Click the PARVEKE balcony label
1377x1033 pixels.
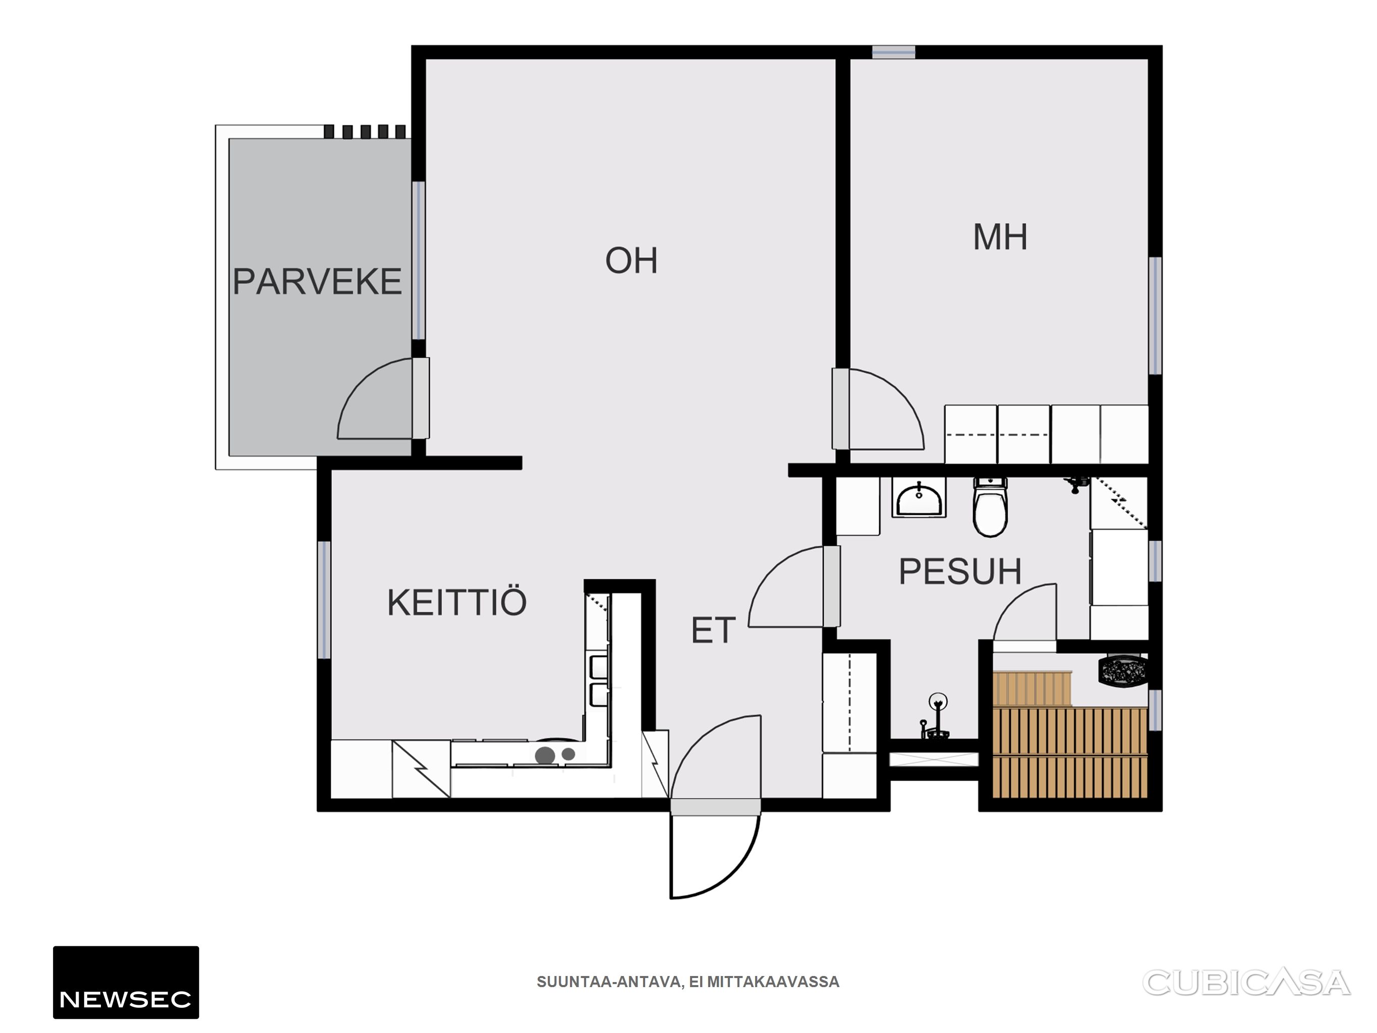[317, 281]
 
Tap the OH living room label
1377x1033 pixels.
[631, 260]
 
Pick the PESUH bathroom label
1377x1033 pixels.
[960, 571]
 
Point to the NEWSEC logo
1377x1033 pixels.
[126, 982]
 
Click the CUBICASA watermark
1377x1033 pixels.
[1246, 983]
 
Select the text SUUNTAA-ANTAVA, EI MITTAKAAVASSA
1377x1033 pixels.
[688, 982]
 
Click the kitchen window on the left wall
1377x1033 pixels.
[324, 600]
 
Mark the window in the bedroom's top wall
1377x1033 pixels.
[893, 52]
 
